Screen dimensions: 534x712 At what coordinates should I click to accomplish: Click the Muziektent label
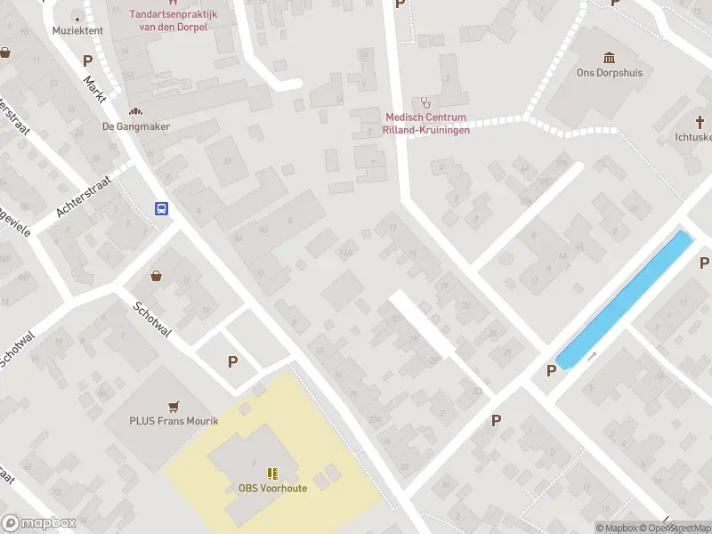click(77, 30)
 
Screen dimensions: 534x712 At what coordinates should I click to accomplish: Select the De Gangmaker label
click(136, 126)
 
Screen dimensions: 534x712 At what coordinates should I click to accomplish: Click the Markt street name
click(93, 90)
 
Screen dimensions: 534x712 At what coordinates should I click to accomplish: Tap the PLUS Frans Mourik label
click(174, 421)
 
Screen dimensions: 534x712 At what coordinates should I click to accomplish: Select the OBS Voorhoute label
click(272, 488)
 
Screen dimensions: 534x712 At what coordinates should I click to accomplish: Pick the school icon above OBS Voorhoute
click(272, 473)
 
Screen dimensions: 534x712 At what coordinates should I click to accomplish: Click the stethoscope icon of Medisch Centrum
click(425, 102)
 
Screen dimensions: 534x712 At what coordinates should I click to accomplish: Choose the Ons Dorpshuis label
click(610, 73)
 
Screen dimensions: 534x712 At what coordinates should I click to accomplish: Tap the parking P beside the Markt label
click(87, 61)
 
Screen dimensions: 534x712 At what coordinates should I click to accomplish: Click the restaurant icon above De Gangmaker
click(136, 111)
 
